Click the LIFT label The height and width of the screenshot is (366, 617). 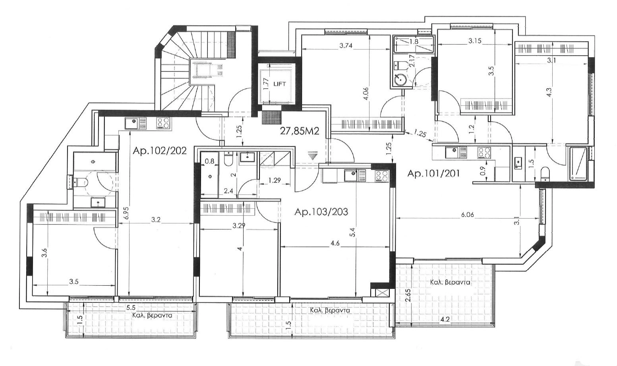(x=279, y=84)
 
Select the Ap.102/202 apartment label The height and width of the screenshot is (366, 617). (x=160, y=151)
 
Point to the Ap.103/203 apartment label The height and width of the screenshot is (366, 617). (x=321, y=212)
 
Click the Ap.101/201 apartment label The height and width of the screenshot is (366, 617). (x=433, y=174)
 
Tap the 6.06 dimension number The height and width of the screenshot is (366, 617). (x=467, y=215)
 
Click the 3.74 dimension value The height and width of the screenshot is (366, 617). (x=346, y=46)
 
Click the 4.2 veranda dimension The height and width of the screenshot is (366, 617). (x=445, y=320)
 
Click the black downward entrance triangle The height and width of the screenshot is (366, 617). (x=312, y=157)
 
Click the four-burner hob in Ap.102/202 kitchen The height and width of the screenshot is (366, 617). (x=164, y=123)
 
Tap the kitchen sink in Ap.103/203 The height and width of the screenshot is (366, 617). (x=355, y=176)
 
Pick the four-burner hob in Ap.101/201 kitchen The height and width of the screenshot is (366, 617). (x=484, y=153)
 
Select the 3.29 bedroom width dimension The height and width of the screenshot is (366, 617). (x=238, y=226)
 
